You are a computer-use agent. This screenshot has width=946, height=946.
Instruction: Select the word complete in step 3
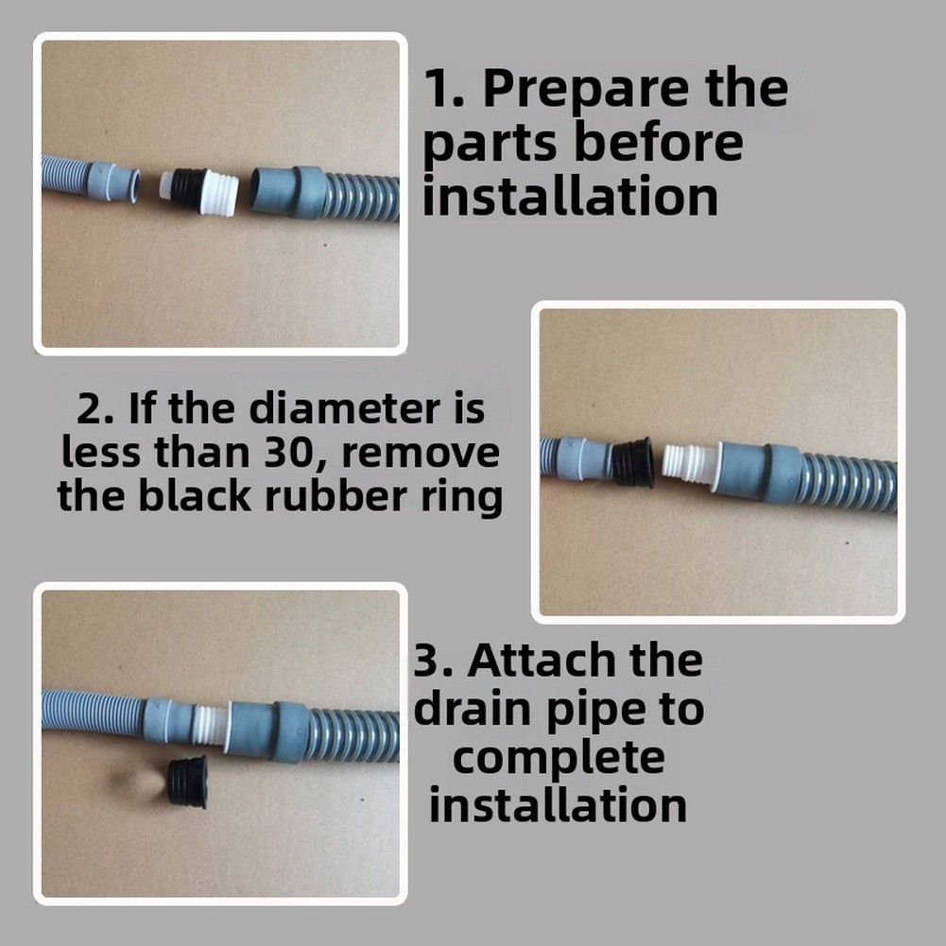(x=559, y=758)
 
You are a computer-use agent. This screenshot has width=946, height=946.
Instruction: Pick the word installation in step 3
(x=559, y=805)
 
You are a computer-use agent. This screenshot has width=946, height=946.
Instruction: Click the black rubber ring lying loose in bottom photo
(x=188, y=782)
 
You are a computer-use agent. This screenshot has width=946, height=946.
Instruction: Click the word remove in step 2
(x=421, y=454)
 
